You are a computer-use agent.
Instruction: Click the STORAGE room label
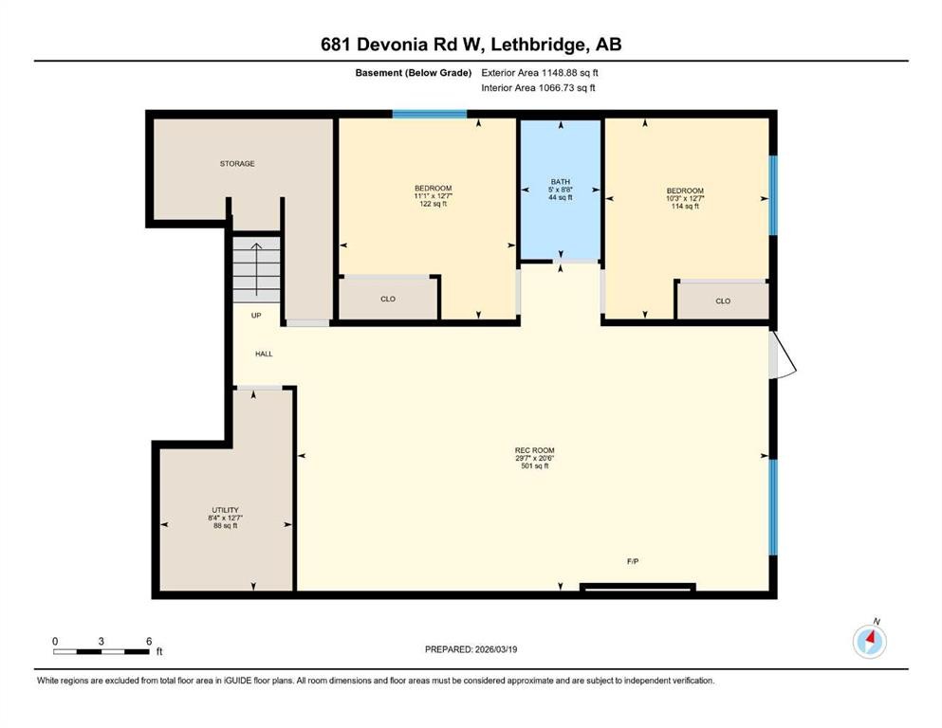[237, 164]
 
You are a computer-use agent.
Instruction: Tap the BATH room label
[561, 181]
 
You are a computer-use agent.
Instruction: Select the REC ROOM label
[534, 450]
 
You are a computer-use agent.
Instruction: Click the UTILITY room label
[225, 509]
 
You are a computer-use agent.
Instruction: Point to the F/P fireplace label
[633, 562]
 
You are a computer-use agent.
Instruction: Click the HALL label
[264, 354]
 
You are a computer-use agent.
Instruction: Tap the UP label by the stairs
[256, 316]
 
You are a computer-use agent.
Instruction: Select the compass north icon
[869, 641]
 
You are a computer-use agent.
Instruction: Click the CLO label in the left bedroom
[388, 300]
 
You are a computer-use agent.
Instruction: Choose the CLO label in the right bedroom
[723, 301]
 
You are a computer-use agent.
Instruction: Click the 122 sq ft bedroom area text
[433, 204]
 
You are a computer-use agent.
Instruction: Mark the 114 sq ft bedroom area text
[685, 206]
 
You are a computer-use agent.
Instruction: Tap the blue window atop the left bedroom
[430, 115]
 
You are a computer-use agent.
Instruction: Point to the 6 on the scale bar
[149, 641]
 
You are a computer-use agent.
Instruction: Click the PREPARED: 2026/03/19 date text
[471, 649]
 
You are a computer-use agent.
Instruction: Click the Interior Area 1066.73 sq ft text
[539, 88]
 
